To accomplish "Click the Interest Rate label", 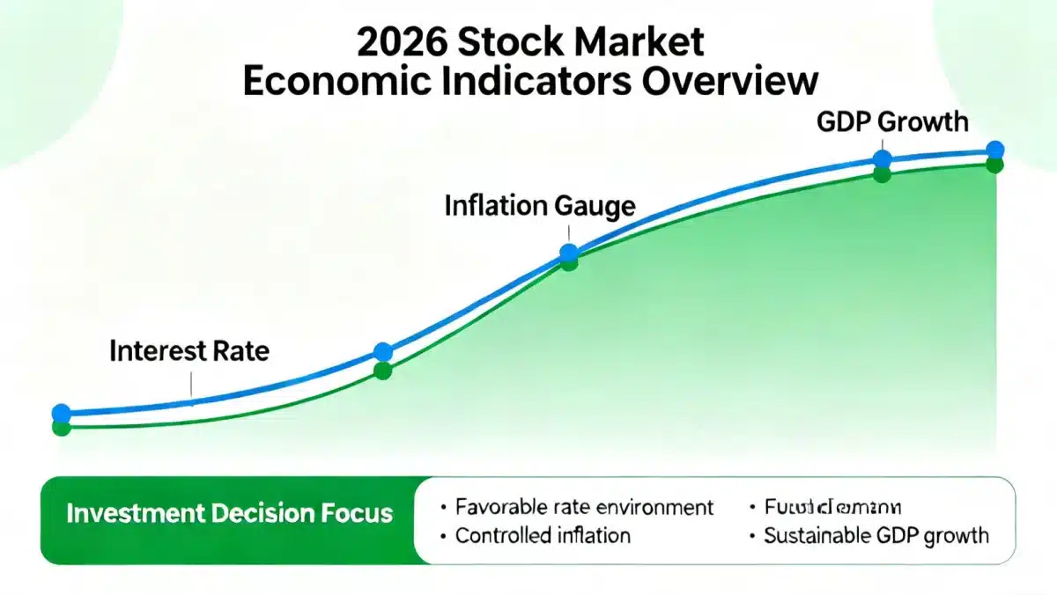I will (189, 351).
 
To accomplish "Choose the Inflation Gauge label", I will (540, 206).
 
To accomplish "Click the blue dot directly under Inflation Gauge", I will (569, 253).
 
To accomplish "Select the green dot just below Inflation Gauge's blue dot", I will (569, 263).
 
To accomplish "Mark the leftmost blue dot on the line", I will (61, 413).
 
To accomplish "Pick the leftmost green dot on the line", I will (61, 428).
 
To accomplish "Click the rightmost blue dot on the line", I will (994, 150).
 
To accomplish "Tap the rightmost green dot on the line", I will (994, 165).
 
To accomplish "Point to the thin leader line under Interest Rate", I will (190, 385).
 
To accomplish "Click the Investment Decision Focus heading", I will (229, 513).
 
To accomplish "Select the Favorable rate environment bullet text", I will (584, 507).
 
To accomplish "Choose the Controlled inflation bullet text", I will (542, 535).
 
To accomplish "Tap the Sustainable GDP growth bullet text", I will (876, 535).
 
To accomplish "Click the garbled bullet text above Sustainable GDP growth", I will (833, 507).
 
